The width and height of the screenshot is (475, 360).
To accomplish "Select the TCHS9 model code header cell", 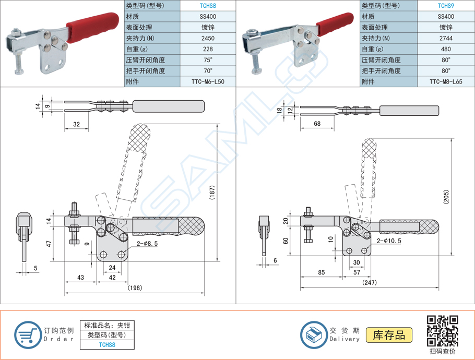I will click(446, 6).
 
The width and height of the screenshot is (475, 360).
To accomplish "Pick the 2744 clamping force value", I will click(446, 38).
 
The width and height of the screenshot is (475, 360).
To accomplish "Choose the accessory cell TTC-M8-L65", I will click(446, 82).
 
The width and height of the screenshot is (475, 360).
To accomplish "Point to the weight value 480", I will click(446, 49).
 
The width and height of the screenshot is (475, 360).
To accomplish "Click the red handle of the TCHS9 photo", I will click(331, 24).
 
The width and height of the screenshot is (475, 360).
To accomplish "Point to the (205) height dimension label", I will click(446, 196).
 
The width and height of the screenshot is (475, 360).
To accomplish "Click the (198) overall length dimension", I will click(135, 288).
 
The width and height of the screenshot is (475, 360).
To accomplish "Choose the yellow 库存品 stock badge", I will click(389, 335).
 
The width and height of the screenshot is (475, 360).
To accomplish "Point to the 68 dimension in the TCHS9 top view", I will click(317, 124).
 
